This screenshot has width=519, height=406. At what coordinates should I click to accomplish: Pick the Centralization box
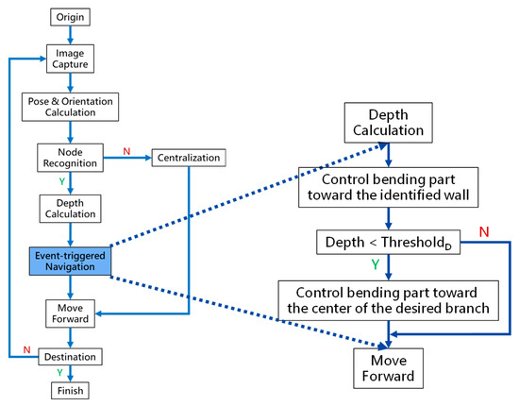(188, 158)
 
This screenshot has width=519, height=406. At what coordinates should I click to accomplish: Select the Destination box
(70, 357)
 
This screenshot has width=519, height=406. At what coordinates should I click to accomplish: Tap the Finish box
(70, 390)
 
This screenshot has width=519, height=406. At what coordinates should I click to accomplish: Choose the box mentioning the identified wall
(389, 188)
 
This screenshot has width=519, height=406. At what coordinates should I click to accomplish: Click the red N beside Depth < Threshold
(483, 230)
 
